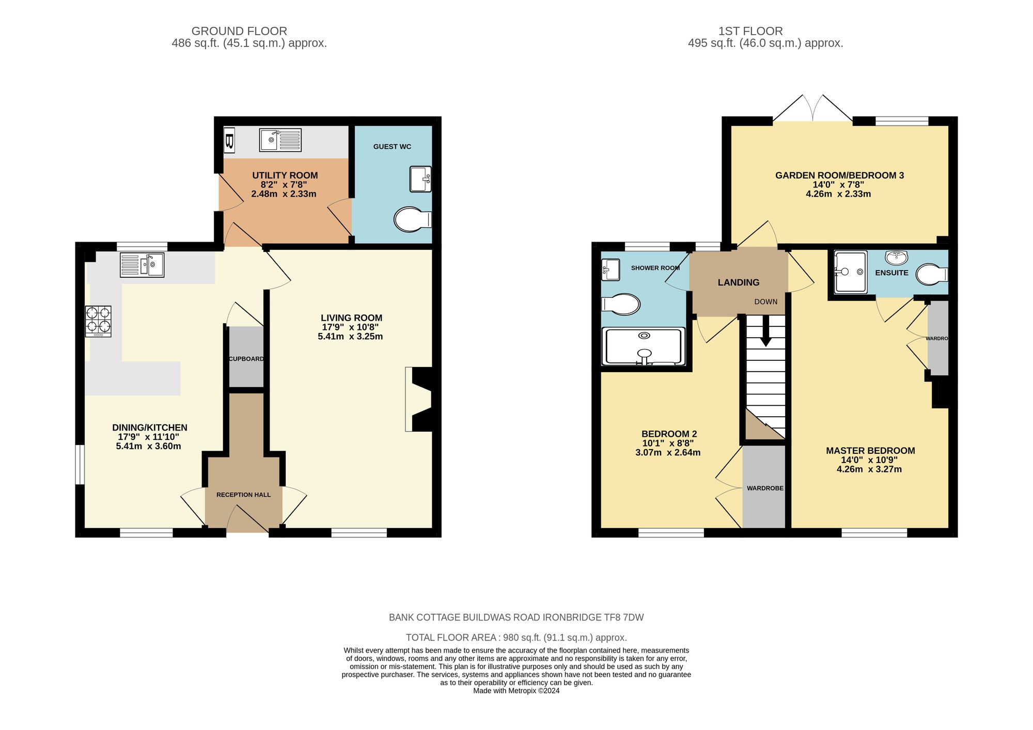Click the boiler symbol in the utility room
229,140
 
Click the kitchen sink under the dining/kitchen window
142,265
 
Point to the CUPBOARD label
246,359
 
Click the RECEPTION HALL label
243,495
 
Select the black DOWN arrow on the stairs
765,330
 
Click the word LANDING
738,282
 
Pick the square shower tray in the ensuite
850,272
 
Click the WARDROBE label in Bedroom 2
765,488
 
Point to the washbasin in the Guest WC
420,179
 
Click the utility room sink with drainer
280,140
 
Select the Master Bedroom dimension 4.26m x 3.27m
869,469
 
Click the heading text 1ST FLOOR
750,31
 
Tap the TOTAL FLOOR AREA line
516,638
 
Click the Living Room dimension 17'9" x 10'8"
351,327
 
